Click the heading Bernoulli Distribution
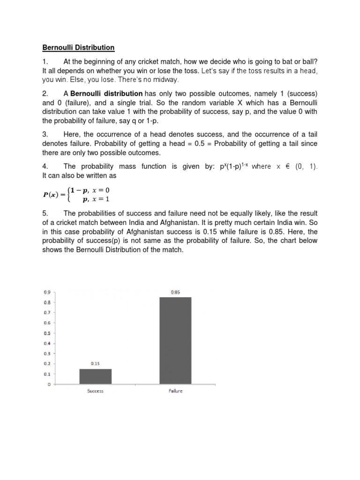(x=78, y=47)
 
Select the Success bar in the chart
(x=96, y=376)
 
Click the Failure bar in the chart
(x=175, y=340)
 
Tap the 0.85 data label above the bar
(x=175, y=292)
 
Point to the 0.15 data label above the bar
(x=96, y=363)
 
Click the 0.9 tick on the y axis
(x=47, y=292)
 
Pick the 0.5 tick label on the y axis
(x=47, y=333)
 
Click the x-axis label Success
(x=96, y=391)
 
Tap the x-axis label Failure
(x=175, y=391)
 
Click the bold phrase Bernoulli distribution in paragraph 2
(x=106, y=94)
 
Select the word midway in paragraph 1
(x=165, y=79)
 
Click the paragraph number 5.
(x=45, y=214)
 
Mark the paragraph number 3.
(x=45, y=134)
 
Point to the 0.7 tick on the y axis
(x=47, y=312)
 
